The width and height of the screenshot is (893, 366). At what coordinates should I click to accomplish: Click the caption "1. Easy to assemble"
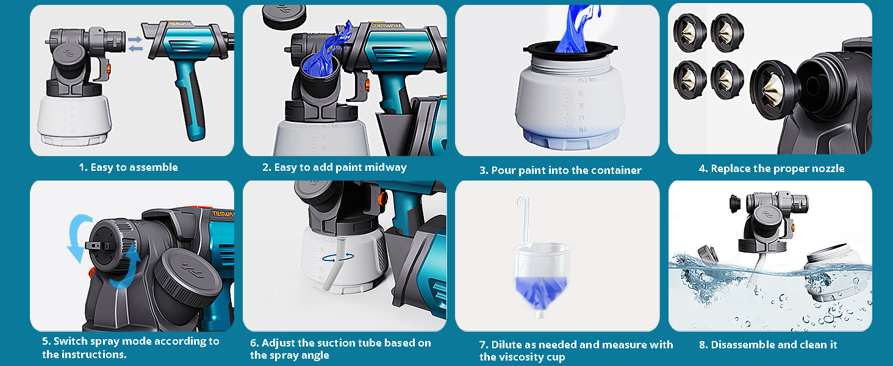coord(128,168)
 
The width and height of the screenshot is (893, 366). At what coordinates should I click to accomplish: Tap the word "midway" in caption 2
coord(386,168)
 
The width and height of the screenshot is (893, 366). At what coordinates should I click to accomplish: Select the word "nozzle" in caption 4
coord(828,168)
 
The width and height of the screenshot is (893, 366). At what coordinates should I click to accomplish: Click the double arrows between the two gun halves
coord(135,44)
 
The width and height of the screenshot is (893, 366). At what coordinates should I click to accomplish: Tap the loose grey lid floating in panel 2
coord(284,16)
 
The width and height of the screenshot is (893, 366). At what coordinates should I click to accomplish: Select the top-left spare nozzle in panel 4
coord(689,33)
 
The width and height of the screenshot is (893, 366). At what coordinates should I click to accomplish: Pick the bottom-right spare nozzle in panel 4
coord(726,80)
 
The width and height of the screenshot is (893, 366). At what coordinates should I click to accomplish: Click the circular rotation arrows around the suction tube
coord(338,257)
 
